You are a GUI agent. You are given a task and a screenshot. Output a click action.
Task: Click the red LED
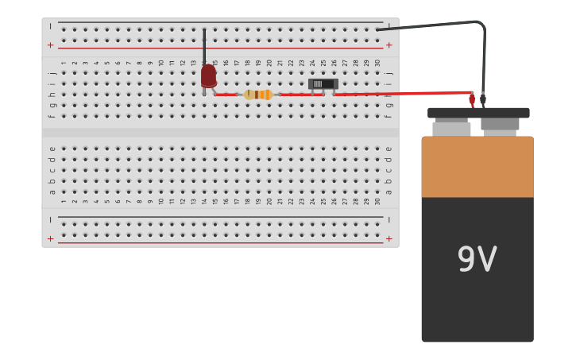pyautogui.click(x=208, y=76)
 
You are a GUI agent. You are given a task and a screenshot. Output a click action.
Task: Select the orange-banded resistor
pyautogui.click(x=258, y=95)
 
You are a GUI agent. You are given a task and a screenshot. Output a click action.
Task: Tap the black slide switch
pyautogui.click(x=323, y=83)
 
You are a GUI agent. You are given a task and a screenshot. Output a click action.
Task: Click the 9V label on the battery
pyautogui.click(x=477, y=260)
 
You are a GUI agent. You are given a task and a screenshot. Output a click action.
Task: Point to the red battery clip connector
pyautogui.click(x=472, y=99)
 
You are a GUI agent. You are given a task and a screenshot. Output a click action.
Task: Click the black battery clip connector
pyautogui.click(x=483, y=99)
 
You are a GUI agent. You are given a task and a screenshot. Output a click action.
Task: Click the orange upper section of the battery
pyautogui.click(x=477, y=167)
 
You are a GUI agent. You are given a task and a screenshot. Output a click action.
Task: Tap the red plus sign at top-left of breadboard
pyautogui.click(x=51, y=45)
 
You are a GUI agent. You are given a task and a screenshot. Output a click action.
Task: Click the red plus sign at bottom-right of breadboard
pyautogui.click(x=389, y=238)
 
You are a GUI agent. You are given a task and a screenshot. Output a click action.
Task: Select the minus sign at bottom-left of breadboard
pyautogui.click(x=51, y=219)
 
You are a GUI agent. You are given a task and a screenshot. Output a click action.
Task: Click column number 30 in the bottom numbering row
pyautogui.click(x=377, y=201)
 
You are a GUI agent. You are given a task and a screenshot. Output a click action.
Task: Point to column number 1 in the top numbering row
pyautogui.click(x=64, y=62)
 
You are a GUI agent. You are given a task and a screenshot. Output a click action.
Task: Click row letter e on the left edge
pyautogui.click(x=52, y=149)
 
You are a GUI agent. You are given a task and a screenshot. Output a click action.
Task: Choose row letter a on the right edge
pyautogui.click(x=389, y=192)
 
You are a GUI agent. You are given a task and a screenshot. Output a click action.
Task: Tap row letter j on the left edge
pyautogui.click(x=52, y=73)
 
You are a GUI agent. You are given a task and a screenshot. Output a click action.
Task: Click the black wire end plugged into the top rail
pyautogui.click(x=378, y=29)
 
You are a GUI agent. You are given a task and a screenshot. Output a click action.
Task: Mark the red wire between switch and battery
pyautogui.click(x=401, y=94)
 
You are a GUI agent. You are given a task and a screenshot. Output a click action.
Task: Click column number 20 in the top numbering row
pyautogui.click(x=269, y=62)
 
